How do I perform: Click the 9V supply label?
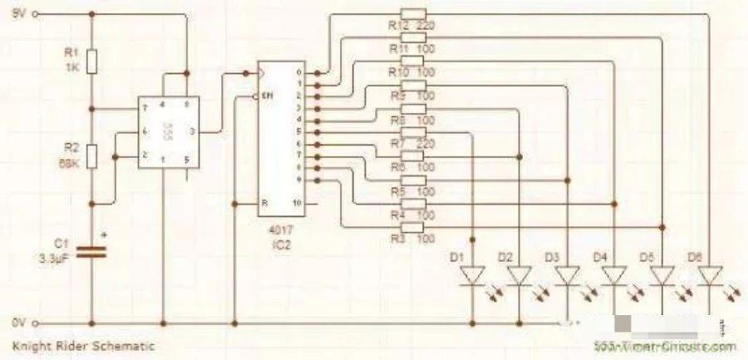pyautogui.click(x=19, y=13)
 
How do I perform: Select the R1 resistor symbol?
pyautogui.click(x=91, y=61)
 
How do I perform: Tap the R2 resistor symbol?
pyautogui.click(x=91, y=155)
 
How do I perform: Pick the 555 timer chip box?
pyautogui.click(x=165, y=132)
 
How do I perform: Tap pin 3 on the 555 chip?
pyautogui.click(x=193, y=131)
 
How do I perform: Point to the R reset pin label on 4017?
pyautogui.click(x=263, y=201)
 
